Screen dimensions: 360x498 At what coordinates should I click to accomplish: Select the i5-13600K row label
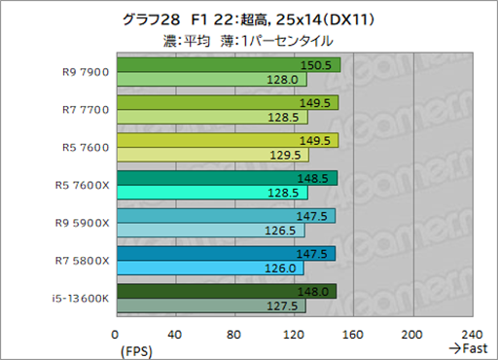tap(74, 297)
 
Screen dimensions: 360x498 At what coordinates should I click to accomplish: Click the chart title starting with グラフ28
tap(248, 20)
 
